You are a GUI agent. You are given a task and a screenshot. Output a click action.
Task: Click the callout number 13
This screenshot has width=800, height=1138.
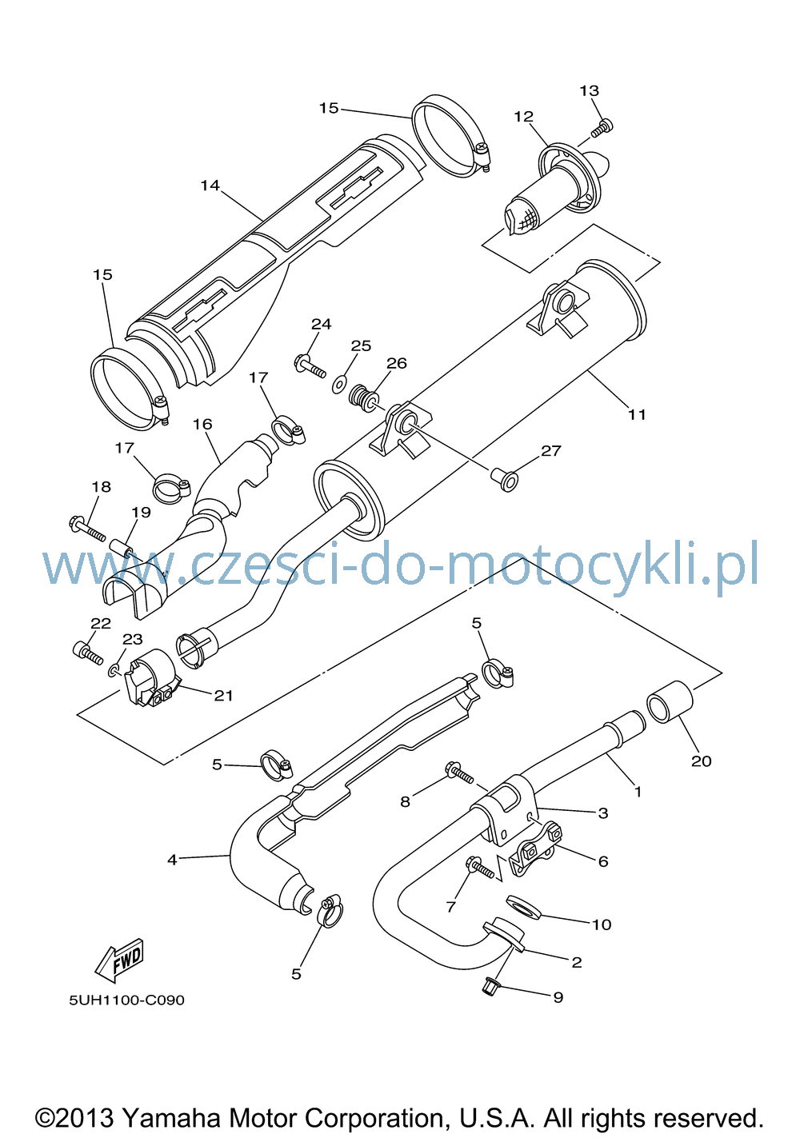coord(589,90)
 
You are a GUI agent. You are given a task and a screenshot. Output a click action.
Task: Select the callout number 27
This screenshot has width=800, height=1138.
coord(551,450)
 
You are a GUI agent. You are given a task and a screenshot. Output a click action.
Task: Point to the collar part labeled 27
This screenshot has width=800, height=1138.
coord(505,480)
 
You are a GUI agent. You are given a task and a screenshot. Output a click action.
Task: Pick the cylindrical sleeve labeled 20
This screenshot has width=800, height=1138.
coord(670,702)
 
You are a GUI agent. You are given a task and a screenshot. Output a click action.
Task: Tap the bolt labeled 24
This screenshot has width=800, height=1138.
coord(310,366)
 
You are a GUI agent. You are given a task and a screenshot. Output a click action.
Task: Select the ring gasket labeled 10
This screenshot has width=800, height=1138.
coord(522,908)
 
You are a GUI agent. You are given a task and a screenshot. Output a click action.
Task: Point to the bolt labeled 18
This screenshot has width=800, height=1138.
coord(87,529)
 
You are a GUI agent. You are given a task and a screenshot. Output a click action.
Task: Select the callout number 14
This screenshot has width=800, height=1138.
coord(210,186)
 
